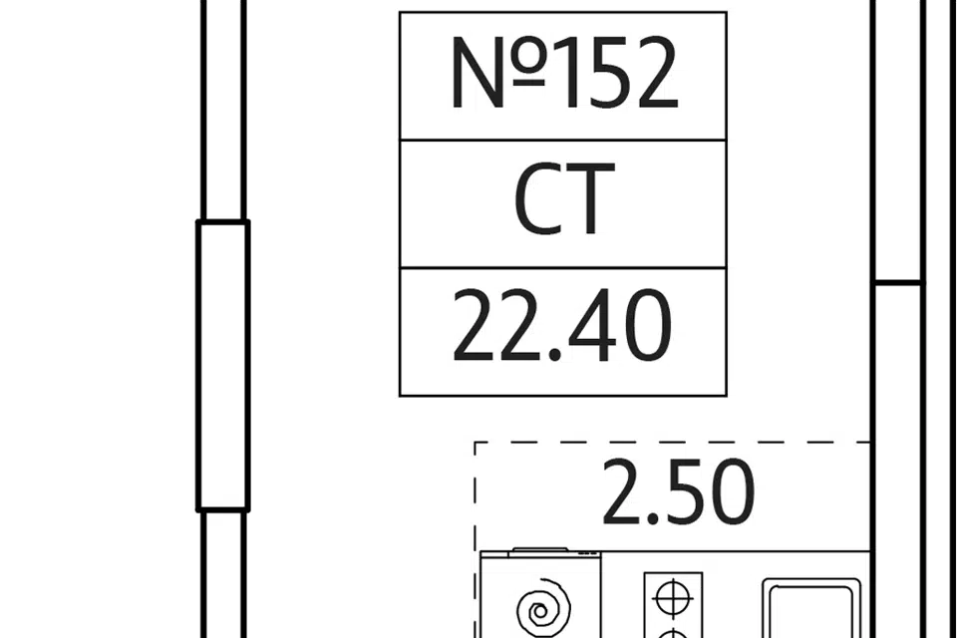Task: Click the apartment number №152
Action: tap(563, 75)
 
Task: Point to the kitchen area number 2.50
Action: tap(678, 493)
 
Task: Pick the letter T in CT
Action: tap(588, 202)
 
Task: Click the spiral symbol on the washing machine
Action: tap(543, 606)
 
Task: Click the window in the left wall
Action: tap(222, 366)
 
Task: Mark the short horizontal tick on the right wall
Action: tap(897, 283)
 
